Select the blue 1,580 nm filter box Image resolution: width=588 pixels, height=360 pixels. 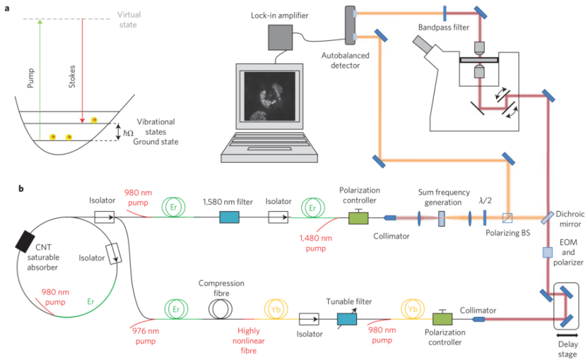pos(229,217)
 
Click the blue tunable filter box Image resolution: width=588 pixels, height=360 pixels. pos(346,319)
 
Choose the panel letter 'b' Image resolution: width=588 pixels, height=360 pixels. pos(21,187)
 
